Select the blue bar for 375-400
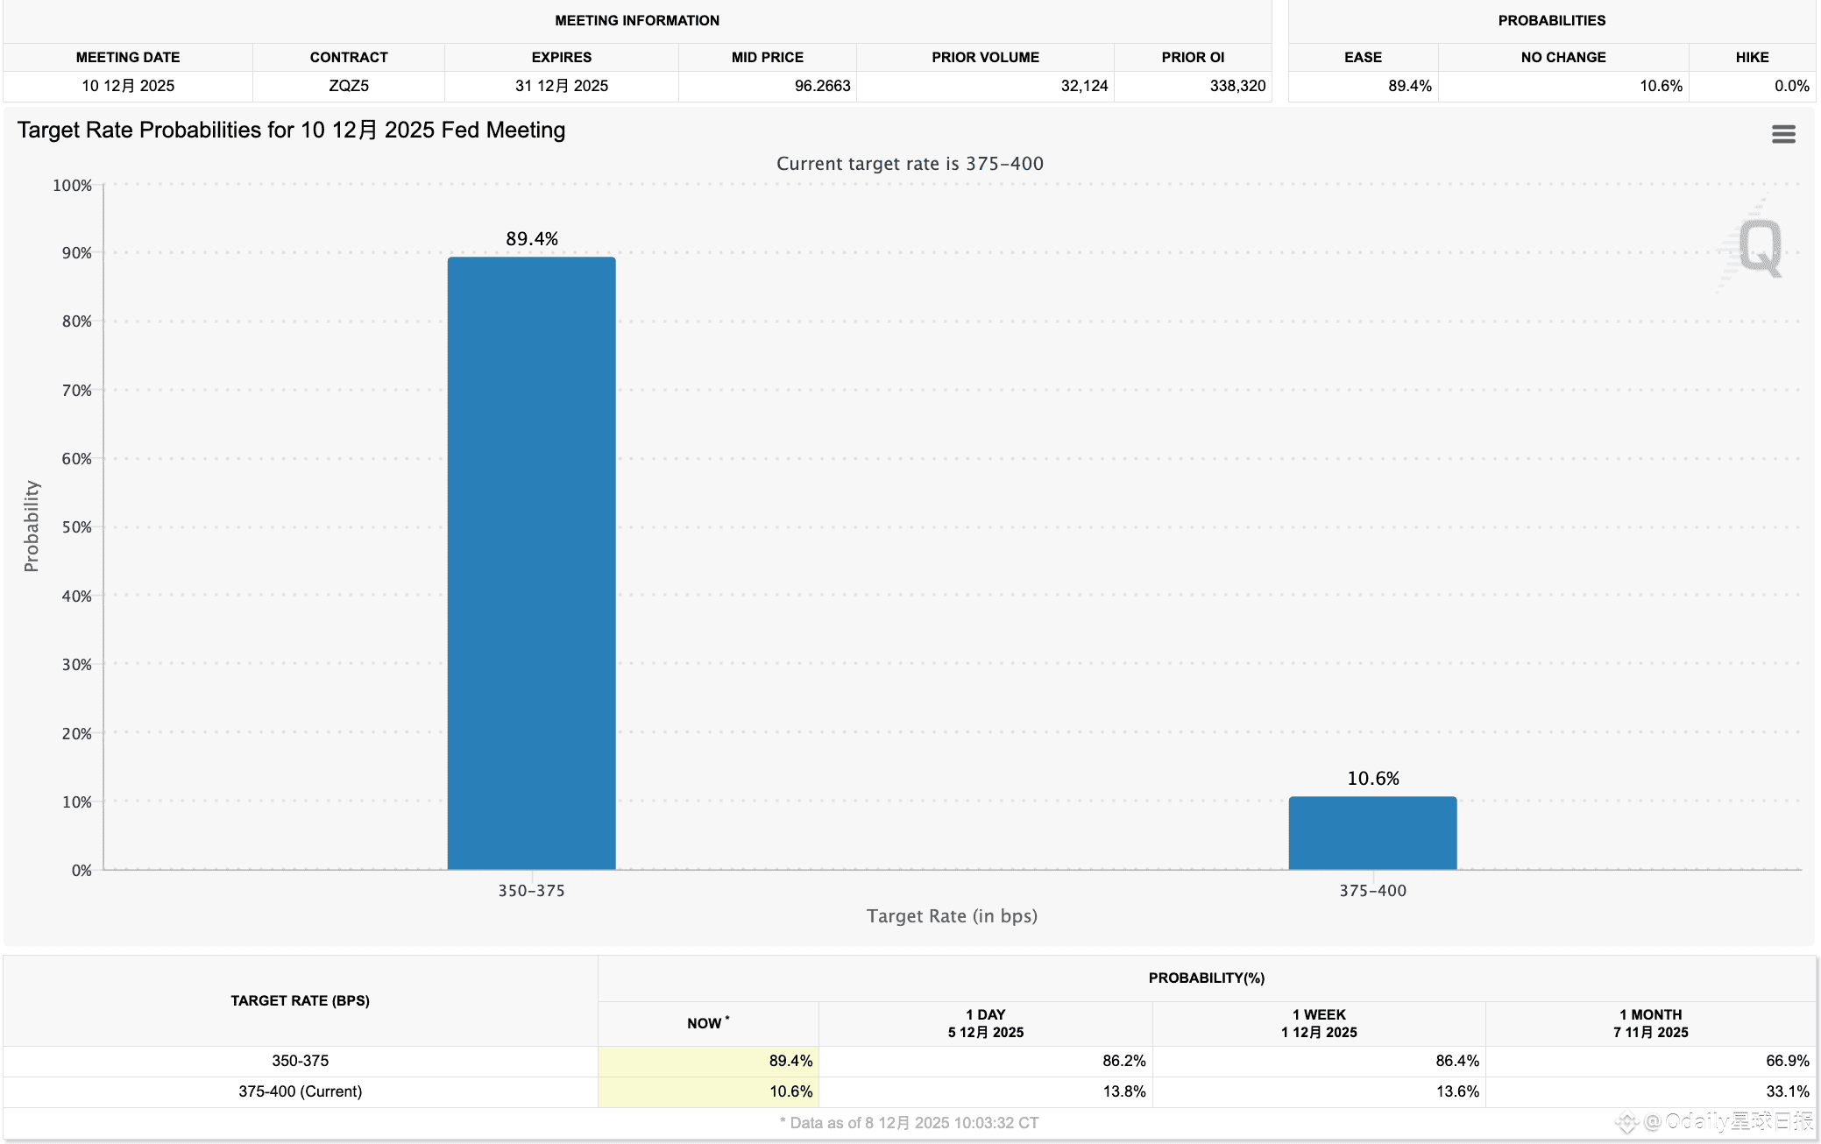tap(1372, 833)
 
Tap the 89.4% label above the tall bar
tap(532, 239)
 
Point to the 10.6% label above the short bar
tap(1373, 779)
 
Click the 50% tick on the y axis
tap(77, 527)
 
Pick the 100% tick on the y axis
tap(73, 186)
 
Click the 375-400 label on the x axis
tap(1372, 891)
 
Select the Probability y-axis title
tap(32, 526)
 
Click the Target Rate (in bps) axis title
tap(952, 916)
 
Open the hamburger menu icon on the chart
tap(1783, 134)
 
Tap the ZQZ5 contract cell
tap(349, 86)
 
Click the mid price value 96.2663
tap(822, 86)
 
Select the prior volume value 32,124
tap(1084, 86)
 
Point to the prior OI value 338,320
tap(1237, 86)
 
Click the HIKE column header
tap(1752, 57)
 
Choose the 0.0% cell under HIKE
tap(1791, 86)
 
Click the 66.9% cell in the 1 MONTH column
tap(1787, 1061)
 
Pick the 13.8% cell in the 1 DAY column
tap(1123, 1091)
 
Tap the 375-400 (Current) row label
tap(300, 1091)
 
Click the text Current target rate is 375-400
tap(910, 164)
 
